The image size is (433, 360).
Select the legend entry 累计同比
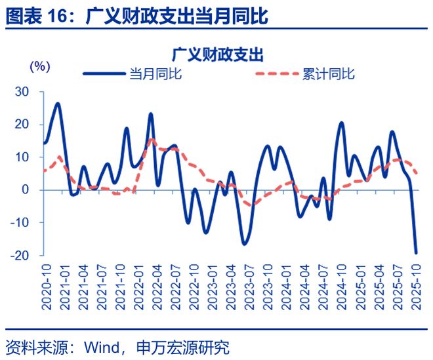click(328, 74)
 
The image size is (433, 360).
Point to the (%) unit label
click(39, 66)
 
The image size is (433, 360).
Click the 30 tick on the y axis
click(23, 92)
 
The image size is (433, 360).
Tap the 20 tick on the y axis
click(23, 125)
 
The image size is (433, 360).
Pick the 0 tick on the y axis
click(27, 190)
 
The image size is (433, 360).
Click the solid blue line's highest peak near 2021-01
click(58, 104)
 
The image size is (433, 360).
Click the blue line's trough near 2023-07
click(245, 244)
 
